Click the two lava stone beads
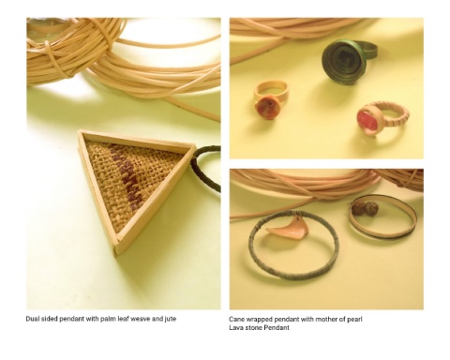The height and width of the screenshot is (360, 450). click(365, 208)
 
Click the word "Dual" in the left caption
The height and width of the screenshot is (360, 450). click(32, 319)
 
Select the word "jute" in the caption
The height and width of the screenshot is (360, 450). click(171, 319)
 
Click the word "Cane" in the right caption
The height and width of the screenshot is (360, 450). click(236, 320)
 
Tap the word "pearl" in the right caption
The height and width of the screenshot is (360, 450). click(354, 320)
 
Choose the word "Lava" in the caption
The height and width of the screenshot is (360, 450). click(235, 327)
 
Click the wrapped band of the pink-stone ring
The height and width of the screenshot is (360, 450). click(396, 114)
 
